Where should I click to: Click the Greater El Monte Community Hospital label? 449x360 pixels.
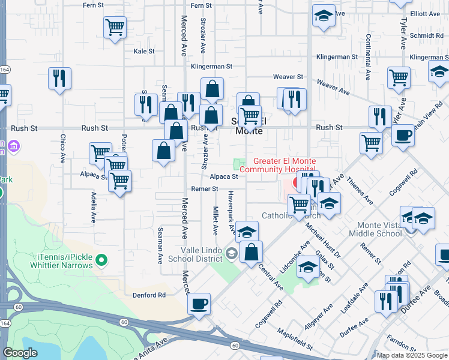[285, 165]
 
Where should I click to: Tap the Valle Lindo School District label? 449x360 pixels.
[201, 254]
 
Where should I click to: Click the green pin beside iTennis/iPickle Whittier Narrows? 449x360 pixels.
[102, 260]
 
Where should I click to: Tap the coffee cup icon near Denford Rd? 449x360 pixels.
[199, 304]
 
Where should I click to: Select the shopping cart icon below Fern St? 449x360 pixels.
[115, 27]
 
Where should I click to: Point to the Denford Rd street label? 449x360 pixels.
[149, 295]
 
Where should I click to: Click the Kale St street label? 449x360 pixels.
[144, 52]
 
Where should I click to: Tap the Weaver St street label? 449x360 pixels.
[288, 77]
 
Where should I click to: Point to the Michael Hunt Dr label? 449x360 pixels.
[323, 239]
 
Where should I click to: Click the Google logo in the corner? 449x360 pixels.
[20, 353]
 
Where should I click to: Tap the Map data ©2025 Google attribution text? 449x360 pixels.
[412, 355]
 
